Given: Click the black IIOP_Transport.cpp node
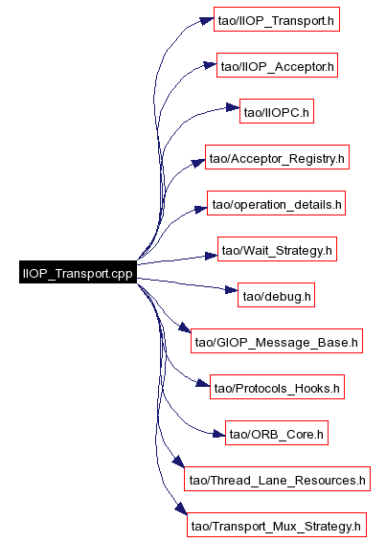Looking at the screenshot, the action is pyautogui.click(x=78, y=272).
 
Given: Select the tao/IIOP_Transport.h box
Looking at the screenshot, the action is pyautogui.click(x=277, y=19).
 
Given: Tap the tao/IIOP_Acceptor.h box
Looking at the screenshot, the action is pyautogui.click(x=277, y=65).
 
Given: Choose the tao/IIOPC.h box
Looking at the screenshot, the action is pyautogui.click(x=277, y=111).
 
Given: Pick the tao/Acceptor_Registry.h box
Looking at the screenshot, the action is pyautogui.click(x=277, y=157).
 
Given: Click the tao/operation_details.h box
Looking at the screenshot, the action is pyautogui.click(x=277, y=203).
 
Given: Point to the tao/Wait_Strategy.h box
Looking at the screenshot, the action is pyautogui.click(x=277, y=249).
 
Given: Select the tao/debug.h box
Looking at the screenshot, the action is pyautogui.click(x=277, y=295).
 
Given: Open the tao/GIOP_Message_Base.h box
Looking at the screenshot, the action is pyautogui.click(x=277, y=341).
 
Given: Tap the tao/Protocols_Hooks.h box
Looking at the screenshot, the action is pyautogui.click(x=277, y=387).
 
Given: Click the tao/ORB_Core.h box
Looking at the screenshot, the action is pyautogui.click(x=277, y=433).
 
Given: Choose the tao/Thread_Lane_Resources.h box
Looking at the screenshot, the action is pyautogui.click(x=278, y=479).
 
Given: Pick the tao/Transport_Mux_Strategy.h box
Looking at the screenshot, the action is pyautogui.click(x=277, y=525).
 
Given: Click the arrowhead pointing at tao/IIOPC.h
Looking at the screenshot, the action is pyautogui.click(x=233, y=107).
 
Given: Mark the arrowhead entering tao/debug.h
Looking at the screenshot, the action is pyautogui.click(x=232, y=289).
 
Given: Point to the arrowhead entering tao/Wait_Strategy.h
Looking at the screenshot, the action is pyautogui.click(x=212, y=256).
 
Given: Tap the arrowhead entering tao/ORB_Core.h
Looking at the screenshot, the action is pyautogui.click(x=219, y=434).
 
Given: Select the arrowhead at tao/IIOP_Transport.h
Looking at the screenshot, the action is pyautogui.click(x=208, y=21).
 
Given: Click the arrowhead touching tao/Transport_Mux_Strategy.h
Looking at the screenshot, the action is pyautogui.click(x=181, y=508).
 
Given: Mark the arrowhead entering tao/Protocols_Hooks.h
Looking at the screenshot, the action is pyautogui.click(x=203, y=383).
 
